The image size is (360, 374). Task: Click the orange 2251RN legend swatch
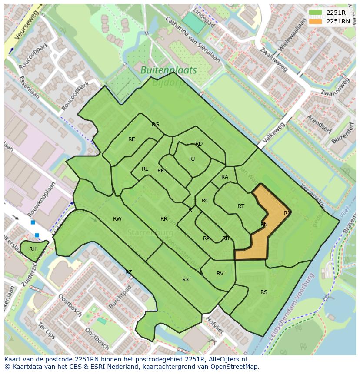click(x=316, y=21)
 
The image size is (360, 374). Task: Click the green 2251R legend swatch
click(x=316, y=13)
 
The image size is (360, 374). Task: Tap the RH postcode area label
click(x=33, y=249)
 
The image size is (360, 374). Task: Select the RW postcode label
click(x=117, y=219)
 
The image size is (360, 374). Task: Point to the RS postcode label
click(x=264, y=292)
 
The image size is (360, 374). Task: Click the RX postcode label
click(x=186, y=280)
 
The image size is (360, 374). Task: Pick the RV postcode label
click(x=220, y=274)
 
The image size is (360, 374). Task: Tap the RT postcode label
click(x=241, y=206)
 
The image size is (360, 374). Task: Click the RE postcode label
click(x=132, y=139)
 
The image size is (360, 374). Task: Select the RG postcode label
click(x=156, y=125)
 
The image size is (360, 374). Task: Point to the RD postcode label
click(x=199, y=144)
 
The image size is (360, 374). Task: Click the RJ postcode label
click(x=192, y=159)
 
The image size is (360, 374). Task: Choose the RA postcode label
click(x=225, y=177)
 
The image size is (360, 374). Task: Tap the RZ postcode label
click(x=129, y=272)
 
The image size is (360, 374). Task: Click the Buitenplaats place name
click(x=169, y=70)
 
